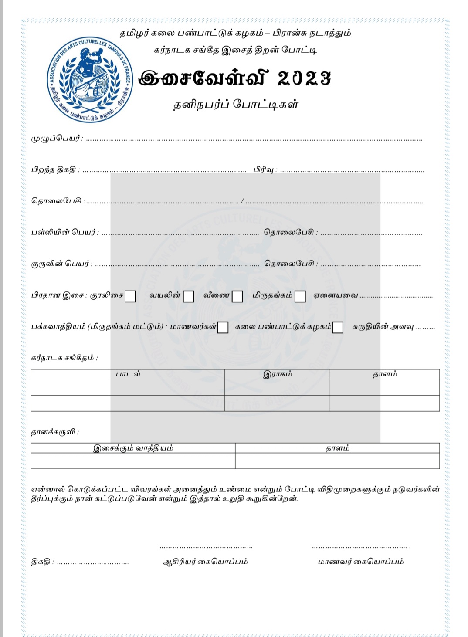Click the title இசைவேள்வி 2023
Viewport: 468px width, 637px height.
234,78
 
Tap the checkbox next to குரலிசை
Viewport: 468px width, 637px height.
130,296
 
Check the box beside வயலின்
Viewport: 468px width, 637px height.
188,296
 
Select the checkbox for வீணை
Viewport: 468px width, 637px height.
237,296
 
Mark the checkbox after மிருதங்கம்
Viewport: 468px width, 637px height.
300,296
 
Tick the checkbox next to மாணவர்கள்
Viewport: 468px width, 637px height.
223,327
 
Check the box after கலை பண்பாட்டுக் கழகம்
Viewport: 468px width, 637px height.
338,327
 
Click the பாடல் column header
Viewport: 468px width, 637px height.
128,374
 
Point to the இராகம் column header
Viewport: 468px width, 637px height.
277,374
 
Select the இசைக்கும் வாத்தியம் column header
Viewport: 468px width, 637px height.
133,448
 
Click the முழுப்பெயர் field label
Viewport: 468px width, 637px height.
56,139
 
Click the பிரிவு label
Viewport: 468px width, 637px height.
264,169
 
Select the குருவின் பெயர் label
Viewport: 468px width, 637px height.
61,264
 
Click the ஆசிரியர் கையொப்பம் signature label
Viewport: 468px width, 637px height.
205,562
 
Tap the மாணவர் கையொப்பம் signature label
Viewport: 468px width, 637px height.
360,562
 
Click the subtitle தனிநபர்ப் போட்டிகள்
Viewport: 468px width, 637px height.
236,105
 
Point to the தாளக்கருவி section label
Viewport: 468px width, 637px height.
54,432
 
